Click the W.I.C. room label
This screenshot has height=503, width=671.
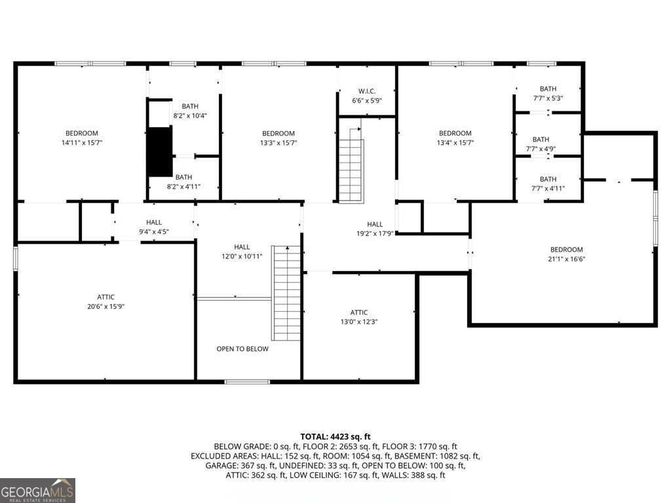click(x=366, y=91)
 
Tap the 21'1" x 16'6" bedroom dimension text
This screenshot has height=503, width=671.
click(x=567, y=259)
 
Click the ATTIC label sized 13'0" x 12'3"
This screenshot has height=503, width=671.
click(x=359, y=312)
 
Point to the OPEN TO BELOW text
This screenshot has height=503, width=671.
click(x=242, y=349)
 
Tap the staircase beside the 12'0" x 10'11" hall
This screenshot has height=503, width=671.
click(x=286, y=292)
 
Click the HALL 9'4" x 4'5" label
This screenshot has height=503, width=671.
click(x=154, y=223)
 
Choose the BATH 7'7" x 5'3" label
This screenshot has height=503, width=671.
click(x=548, y=89)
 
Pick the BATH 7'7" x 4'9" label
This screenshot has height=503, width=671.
click(x=541, y=140)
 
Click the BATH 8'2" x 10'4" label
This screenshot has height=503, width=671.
click(x=190, y=106)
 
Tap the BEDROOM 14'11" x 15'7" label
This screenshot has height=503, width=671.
click(x=81, y=134)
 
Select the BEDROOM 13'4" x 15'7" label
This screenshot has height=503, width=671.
click(x=455, y=134)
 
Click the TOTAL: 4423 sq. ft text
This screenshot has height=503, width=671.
click(x=335, y=436)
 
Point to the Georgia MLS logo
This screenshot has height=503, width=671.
click(x=37, y=490)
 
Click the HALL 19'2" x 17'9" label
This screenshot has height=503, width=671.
click(x=375, y=225)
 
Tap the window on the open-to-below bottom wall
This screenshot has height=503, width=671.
click(x=247, y=381)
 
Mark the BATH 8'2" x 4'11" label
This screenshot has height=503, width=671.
click(x=183, y=177)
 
